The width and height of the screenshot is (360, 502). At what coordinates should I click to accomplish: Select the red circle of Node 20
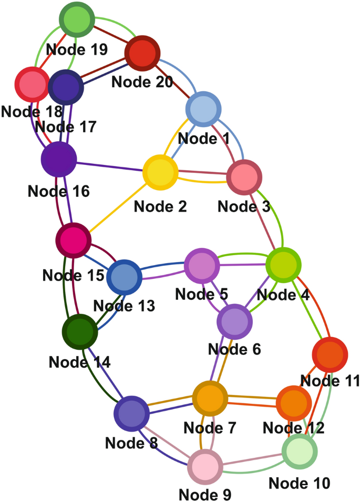(x=142, y=53)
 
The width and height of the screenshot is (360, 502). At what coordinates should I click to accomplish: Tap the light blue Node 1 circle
(x=203, y=109)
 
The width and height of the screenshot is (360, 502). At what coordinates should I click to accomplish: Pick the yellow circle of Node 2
(x=160, y=172)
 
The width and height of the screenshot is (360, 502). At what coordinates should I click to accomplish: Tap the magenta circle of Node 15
(x=74, y=240)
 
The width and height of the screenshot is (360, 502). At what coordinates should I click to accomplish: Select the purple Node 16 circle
(x=59, y=159)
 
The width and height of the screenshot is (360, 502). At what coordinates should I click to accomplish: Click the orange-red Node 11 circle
(x=330, y=355)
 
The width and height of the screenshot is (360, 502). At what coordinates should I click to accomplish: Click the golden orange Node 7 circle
(x=210, y=399)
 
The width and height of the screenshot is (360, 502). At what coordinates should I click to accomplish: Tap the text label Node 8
(x=131, y=442)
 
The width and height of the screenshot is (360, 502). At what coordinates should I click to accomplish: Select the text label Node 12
(x=293, y=428)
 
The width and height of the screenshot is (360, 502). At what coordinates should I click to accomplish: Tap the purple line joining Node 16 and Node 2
(x=110, y=165)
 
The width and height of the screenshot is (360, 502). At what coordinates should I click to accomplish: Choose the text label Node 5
(x=201, y=294)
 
